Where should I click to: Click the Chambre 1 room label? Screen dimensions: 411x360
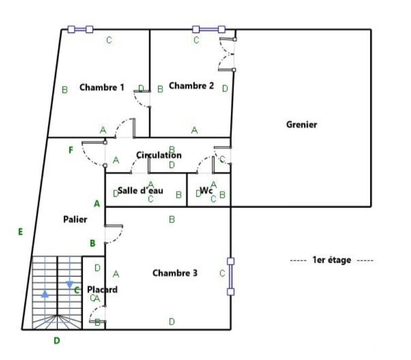(x=102, y=87)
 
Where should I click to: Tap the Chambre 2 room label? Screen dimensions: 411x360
(x=191, y=86)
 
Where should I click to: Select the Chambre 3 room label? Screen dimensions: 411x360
(x=175, y=273)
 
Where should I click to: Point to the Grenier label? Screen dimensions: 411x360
(x=301, y=124)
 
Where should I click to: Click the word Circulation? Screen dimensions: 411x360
(x=159, y=155)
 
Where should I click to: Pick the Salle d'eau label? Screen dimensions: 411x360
(x=140, y=190)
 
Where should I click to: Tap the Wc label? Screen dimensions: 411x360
(x=206, y=190)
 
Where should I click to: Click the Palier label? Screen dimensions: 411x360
(x=75, y=219)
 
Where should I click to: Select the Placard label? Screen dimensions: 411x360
(x=102, y=290)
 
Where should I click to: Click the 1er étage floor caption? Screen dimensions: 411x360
(x=332, y=260)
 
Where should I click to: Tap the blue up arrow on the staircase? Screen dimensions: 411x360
(x=45, y=294)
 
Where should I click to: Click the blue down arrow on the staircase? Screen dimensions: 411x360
(x=69, y=284)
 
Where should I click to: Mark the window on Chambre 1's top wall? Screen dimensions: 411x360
(x=80, y=29)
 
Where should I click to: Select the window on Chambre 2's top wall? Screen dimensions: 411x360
(x=208, y=29)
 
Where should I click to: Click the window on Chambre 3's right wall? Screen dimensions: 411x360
(x=231, y=277)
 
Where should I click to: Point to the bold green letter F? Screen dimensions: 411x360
(x=71, y=150)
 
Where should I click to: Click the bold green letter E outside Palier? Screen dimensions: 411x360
(x=20, y=232)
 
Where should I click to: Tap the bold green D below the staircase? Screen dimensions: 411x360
(x=57, y=341)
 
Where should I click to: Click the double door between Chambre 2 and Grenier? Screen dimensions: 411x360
(x=227, y=55)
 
